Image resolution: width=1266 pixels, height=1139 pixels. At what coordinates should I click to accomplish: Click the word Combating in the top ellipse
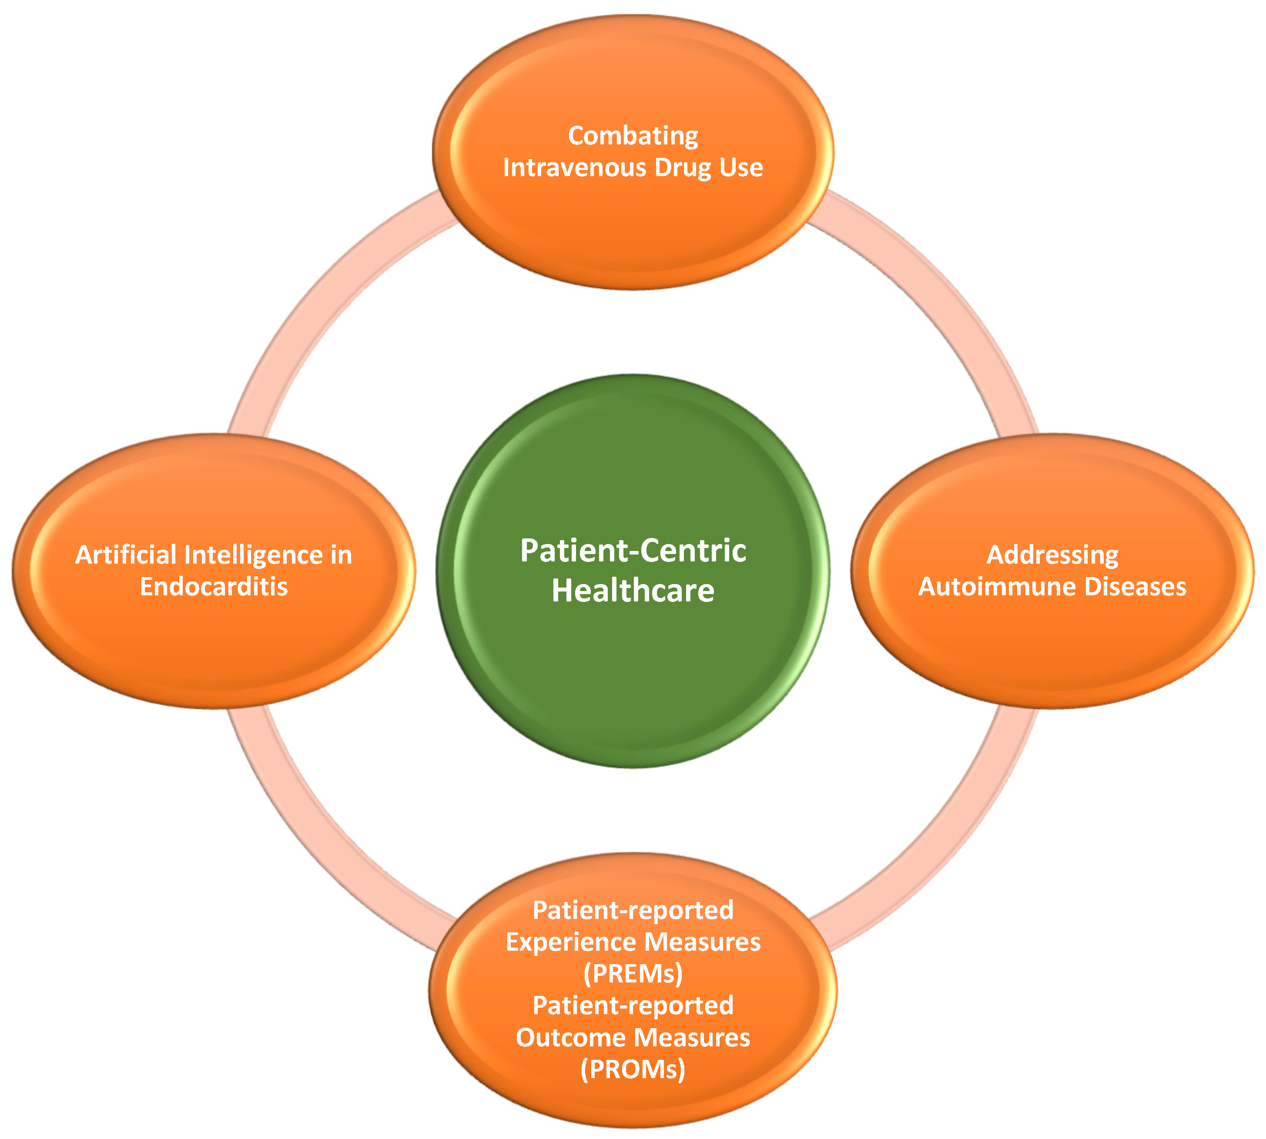(x=633, y=136)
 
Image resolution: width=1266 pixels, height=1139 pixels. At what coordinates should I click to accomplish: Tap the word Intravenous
(x=574, y=168)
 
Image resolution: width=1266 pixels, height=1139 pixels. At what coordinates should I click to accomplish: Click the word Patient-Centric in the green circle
(x=633, y=551)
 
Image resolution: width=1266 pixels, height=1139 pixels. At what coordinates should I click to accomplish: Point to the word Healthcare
(x=633, y=591)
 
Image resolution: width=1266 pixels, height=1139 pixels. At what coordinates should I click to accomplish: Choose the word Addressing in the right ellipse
(x=1052, y=555)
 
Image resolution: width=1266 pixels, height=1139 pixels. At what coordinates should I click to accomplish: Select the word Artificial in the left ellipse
(x=126, y=555)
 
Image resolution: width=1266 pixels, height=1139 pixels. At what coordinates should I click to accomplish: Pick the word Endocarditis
(x=214, y=586)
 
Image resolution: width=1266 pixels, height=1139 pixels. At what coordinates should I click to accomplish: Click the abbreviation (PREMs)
(x=633, y=974)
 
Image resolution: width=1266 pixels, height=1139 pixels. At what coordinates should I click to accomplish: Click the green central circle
(x=633, y=676)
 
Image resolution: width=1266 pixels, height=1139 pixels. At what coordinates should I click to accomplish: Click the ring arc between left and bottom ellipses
(x=325, y=845)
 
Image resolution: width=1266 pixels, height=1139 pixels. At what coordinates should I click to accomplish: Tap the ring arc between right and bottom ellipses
(x=939, y=845)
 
